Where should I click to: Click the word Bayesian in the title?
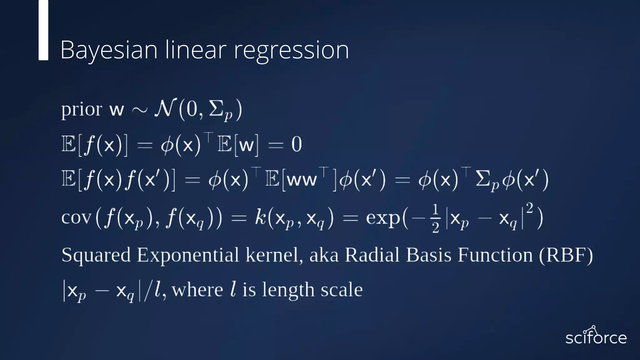108,50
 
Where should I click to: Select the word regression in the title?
291,51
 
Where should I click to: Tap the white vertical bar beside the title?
43,30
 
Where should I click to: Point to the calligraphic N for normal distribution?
165,108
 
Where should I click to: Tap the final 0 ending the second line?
296,145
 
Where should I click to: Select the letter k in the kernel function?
260,217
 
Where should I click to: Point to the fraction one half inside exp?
436,218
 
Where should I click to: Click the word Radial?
372,255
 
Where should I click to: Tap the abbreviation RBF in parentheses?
566,255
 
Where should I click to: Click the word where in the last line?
197,290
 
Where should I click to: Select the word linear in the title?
196,50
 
